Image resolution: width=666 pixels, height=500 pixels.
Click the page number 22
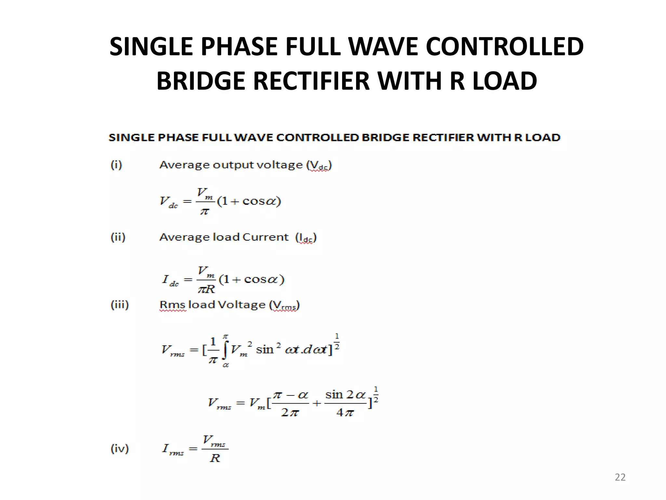click(x=620, y=477)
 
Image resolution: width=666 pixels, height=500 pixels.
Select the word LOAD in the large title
click(x=504, y=81)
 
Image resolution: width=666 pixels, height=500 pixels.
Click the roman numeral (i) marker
click(x=116, y=165)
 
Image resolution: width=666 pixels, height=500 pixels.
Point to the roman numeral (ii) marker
click(x=118, y=237)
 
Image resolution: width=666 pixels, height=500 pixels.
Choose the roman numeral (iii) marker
click(x=120, y=305)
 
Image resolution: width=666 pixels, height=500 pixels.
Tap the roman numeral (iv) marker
click(x=120, y=449)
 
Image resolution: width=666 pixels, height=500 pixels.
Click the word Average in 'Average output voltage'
click(x=184, y=165)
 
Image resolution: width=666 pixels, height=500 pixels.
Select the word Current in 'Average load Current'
click(x=265, y=237)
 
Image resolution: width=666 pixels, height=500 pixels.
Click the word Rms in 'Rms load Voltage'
click(x=172, y=305)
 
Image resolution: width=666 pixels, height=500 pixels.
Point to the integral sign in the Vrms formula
click(x=225, y=350)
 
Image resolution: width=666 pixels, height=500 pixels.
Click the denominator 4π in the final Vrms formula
click(x=345, y=413)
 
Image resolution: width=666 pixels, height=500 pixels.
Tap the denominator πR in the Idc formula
click(x=206, y=289)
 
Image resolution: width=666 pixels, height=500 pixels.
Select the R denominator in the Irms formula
click(x=215, y=458)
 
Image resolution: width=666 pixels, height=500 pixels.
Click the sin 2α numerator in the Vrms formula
click(x=345, y=395)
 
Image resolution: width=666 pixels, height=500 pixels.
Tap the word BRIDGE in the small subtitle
click(x=386, y=138)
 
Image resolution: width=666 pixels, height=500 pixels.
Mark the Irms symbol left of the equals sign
click(x=173, y=449)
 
